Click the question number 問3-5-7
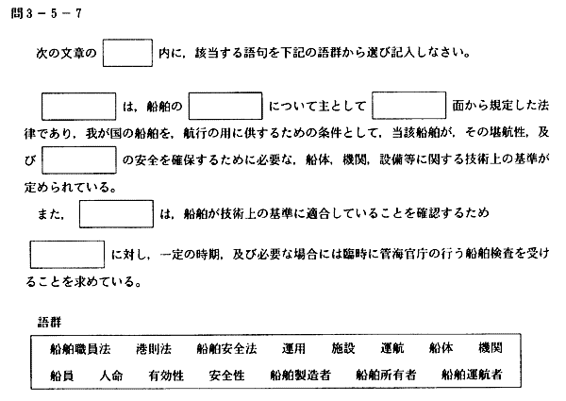tap(46, 14)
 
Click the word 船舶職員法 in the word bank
tap(80, 349)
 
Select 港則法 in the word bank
tap(154, 349)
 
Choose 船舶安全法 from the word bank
tap(226, 349)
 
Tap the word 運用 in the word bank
tap(293, 349)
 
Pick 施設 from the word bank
tap(343, 349)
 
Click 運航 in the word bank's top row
tap(392, 349)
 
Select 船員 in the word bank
tap(61, 376)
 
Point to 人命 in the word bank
tap(111, 376)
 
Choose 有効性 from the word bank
tap(166, 376)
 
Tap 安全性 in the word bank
tap(226, 376)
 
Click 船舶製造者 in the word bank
tap(300, 376)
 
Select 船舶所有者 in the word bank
tap(386, 376)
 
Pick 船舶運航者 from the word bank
tap(472, 375)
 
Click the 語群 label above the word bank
tap(49, 322)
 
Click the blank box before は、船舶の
tap(78, 107)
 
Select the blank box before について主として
tap(225, 106)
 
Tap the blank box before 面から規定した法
tap(409, 106)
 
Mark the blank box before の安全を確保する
tap(79, 159)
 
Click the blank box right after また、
tap(116, 214)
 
